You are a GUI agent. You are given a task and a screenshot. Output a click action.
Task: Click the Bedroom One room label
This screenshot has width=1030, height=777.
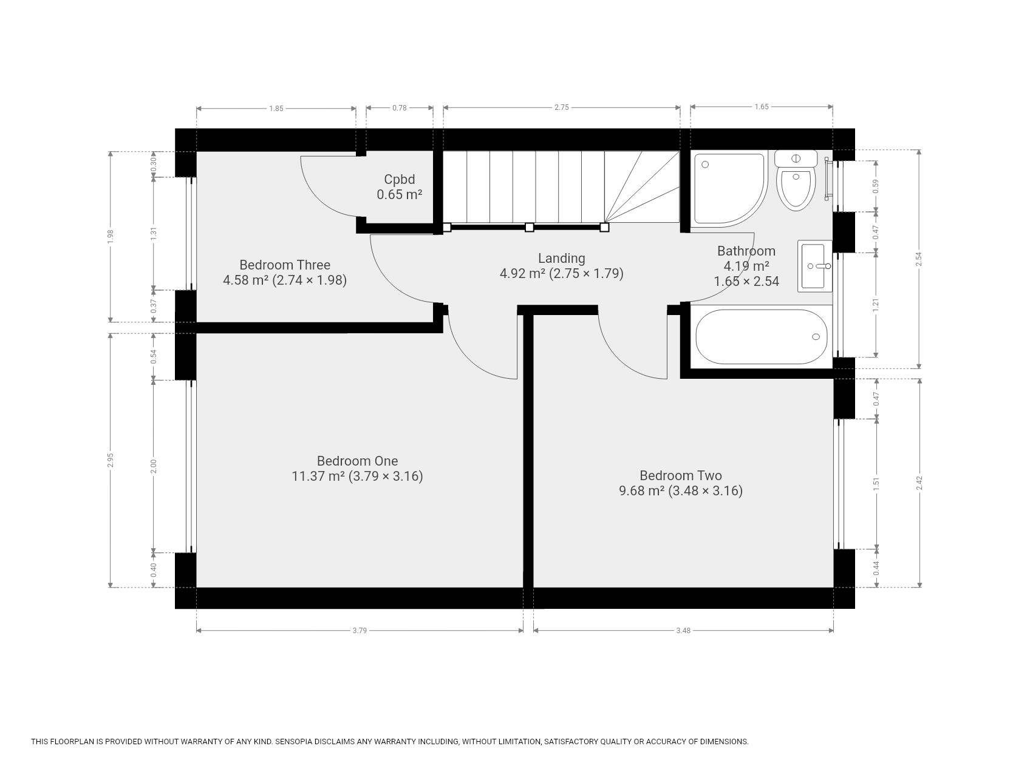click(x=357, y=461)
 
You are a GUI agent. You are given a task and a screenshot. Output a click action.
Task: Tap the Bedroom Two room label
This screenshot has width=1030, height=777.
click(x=681, y=475)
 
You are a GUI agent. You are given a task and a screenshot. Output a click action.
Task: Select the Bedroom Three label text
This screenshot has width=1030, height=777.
click(x=285, y=265)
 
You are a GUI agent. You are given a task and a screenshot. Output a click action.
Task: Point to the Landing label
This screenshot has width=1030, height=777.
click(x=562, y=258)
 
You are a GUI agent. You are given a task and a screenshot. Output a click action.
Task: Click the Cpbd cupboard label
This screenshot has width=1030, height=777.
click(x=400, y=179)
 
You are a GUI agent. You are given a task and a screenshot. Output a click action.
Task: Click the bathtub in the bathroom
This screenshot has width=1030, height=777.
click(x=762, y=337)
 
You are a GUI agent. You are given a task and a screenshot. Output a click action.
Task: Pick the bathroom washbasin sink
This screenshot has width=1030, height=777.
click(x=814, y=266)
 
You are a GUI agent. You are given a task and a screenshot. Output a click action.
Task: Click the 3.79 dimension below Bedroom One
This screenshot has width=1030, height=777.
click(x=360, y=631)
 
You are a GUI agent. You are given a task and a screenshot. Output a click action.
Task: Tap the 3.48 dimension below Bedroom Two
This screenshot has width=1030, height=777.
click(x=683, y=631)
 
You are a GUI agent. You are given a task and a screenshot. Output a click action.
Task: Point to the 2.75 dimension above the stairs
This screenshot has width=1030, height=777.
click(x=562, y=107)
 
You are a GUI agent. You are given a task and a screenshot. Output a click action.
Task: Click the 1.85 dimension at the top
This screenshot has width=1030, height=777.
click(x=276, y=109)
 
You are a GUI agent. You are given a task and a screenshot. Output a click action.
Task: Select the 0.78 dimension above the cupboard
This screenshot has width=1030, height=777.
click(x=400, y=107)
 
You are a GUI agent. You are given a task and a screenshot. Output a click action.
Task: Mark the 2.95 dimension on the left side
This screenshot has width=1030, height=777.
click(x=111, y=461)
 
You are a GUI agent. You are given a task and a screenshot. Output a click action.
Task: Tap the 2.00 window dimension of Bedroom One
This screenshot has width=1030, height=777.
click(x=154, y=466)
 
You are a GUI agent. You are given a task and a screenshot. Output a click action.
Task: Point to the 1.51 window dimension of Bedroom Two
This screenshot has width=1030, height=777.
click(x=876, y=484)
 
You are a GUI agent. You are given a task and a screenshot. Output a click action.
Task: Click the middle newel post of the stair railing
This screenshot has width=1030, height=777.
click(x=529, y=227)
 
